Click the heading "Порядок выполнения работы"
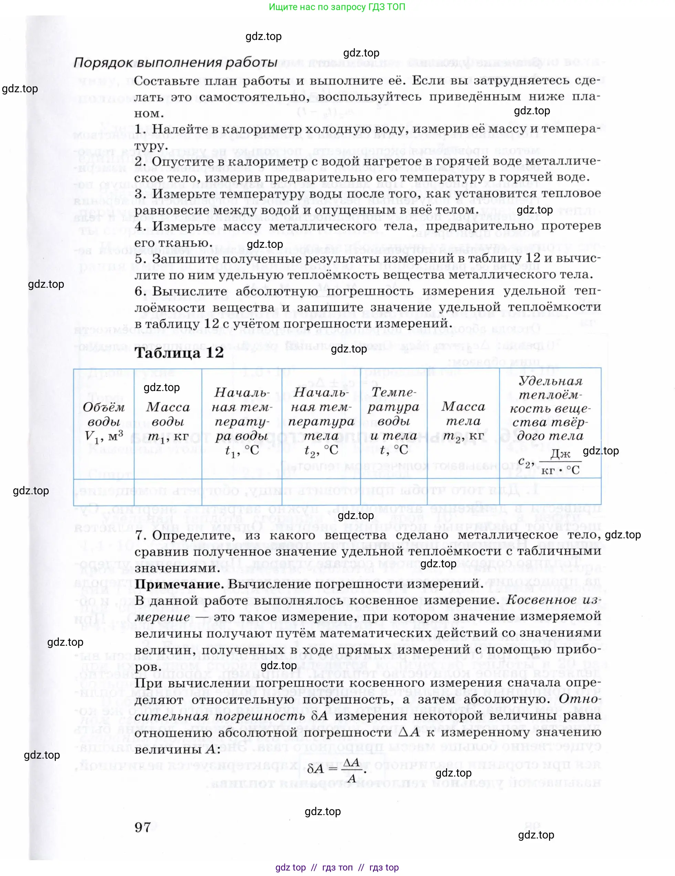(x=175, y=63)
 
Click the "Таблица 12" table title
(x=179, y=353)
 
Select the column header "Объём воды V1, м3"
(x=104, y=422)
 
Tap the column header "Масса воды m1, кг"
(x=168, y=422)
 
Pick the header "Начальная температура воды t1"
(x=242, y=422)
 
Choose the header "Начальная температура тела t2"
(x=321, y=422)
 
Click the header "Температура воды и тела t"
(x=393, y=422)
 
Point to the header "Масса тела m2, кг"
(x=463, y=422)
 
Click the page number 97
(x=143, y=827)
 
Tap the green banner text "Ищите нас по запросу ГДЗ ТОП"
(x=337, y=7)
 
